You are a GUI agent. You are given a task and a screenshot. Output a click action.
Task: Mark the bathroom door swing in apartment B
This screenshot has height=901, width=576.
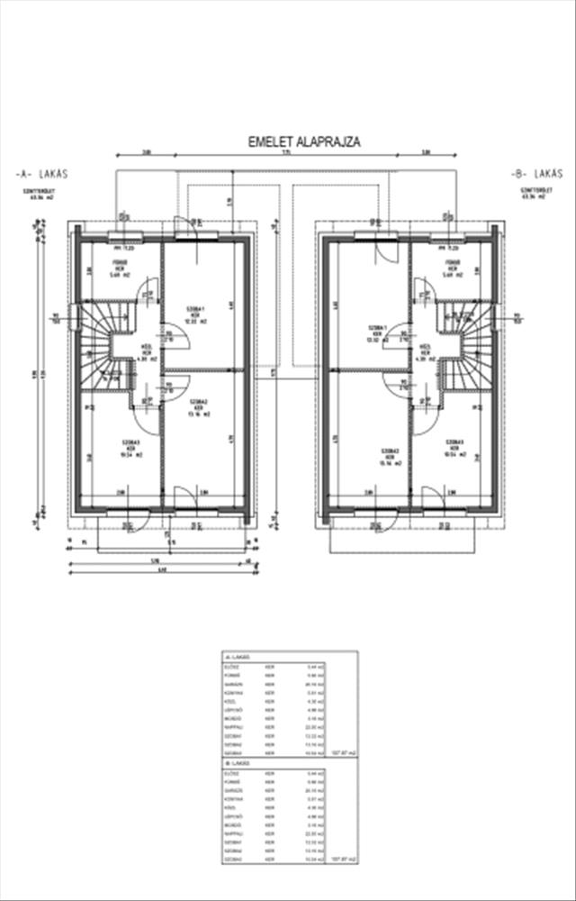click(419, 290)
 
